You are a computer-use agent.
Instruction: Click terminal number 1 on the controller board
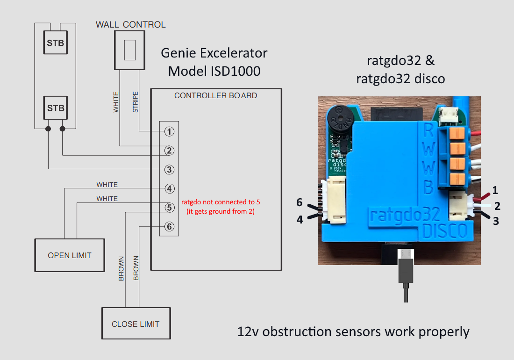[169, 131]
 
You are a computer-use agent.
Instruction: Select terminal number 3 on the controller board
[169, 169]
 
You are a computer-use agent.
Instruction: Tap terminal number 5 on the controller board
[169, 208]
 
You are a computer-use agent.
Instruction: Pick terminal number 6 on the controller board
[169, 227]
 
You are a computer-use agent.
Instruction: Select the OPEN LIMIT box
[70, 255]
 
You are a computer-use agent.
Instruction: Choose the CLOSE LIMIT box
[136, 324]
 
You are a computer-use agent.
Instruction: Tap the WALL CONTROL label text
[131, 24]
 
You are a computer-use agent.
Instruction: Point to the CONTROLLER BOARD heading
[215, 95]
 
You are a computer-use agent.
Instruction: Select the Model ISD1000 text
[214, 72]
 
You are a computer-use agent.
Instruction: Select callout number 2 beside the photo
[497, 206]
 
